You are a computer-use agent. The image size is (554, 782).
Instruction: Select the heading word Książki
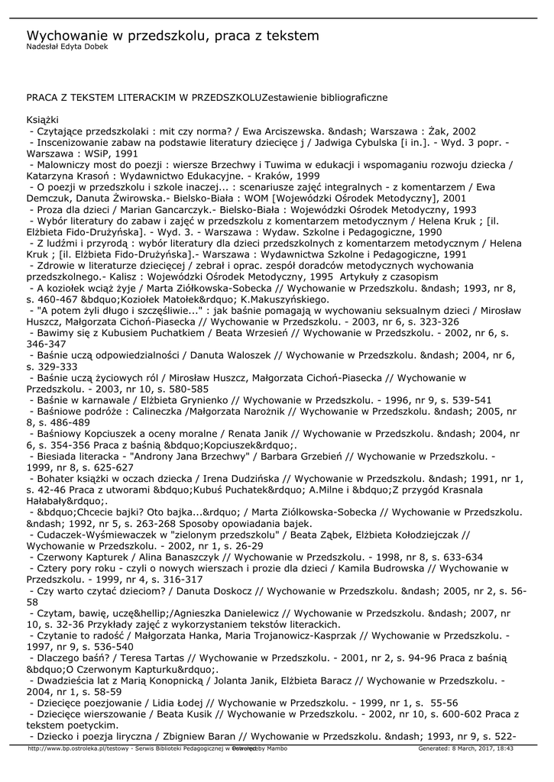click(43, 120)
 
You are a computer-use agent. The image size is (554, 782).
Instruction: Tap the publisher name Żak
click(438, 131)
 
